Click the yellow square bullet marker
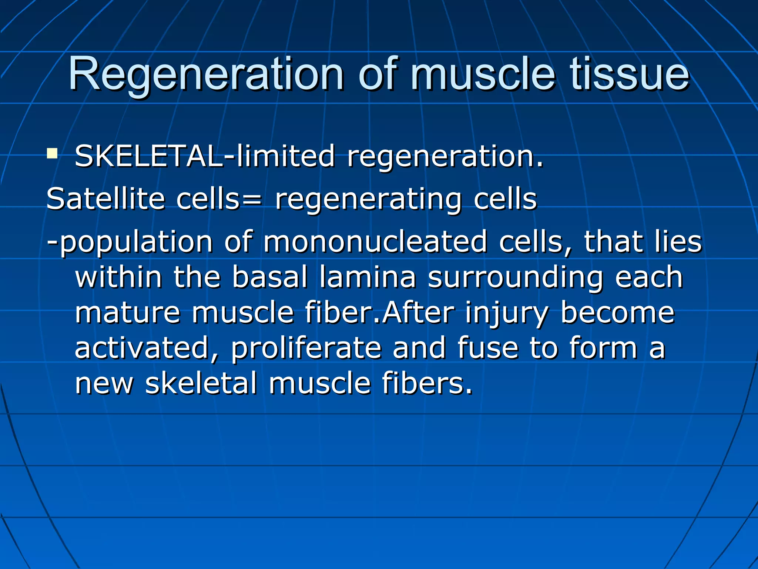point(52,154)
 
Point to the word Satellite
point(105,199)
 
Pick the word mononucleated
point(375,242)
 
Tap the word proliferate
point(306,348)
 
